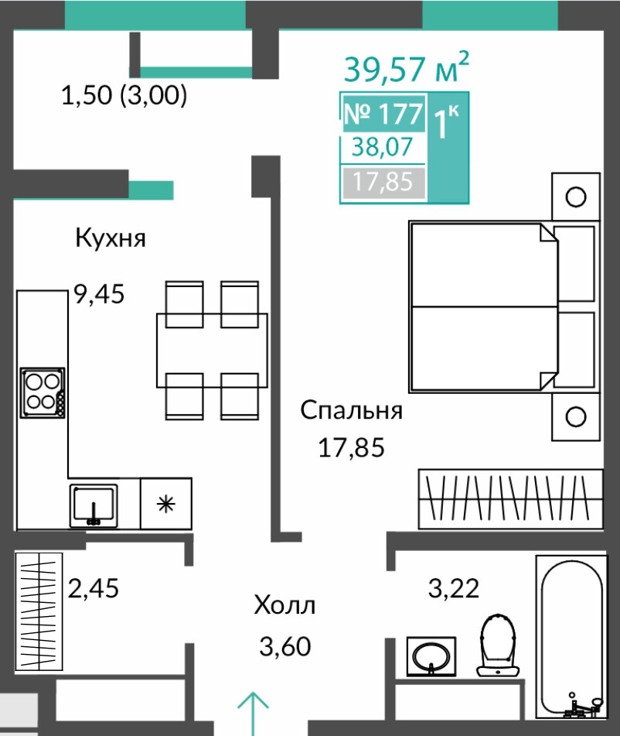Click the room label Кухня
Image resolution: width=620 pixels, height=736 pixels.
click(x=111, y=238)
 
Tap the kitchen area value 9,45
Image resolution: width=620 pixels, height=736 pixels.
click(x=100, y=294)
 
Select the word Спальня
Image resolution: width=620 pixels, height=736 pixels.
click(x=351, y=410)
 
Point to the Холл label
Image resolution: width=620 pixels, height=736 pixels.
click(x=284, y=605)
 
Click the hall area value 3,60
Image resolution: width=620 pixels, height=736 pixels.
click(x=285, y=646)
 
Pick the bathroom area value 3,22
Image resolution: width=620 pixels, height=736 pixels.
click(x=454, y=588)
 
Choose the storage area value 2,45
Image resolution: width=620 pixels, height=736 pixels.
click(x=94, y=588)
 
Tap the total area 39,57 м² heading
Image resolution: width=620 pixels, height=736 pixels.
click(x=406, y=67)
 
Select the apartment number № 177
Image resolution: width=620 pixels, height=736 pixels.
click(x=383, y=114)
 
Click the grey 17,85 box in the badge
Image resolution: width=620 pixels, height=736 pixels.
click(x=383, y=182)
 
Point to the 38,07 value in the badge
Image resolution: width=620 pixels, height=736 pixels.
click(x=382, y=147)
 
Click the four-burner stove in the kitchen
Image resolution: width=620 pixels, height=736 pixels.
click(x=43, y=393)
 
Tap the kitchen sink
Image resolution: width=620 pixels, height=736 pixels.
click(x=94, y=505)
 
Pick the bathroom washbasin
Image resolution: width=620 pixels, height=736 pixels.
click(x=431, y=656)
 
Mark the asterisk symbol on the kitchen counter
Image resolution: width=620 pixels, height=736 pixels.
click(x=165, y=505)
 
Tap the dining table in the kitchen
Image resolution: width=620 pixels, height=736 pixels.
click(x=212, y=350)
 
